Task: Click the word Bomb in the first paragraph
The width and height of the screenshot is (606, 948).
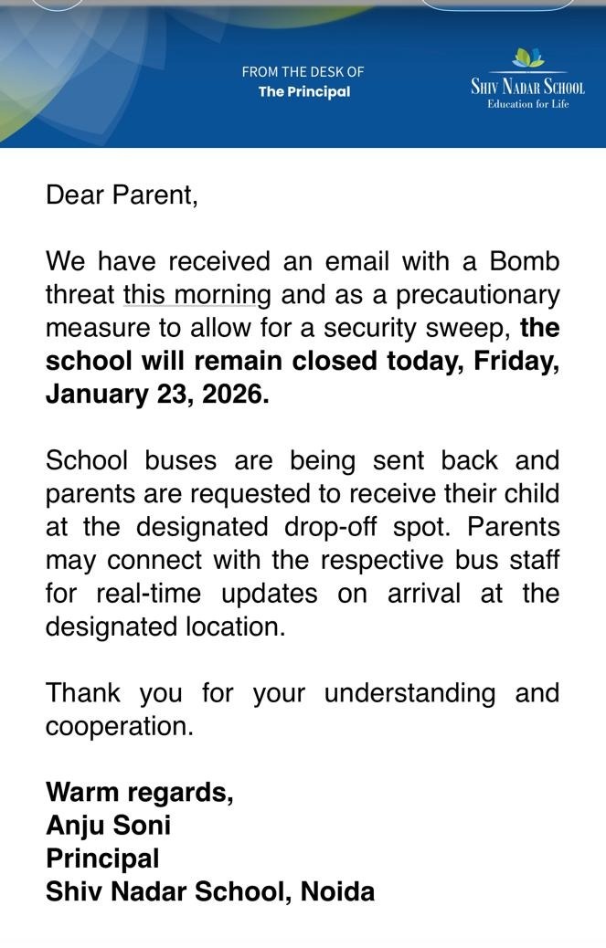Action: pyautogui.click(x=525, y=262)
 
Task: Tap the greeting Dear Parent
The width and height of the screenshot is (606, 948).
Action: pyautogui.click(x=122, y=195)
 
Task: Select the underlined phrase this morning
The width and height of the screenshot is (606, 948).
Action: pyautogui.click(x=197, y=295)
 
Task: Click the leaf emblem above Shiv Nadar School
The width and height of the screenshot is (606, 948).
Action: pyautogui.click(x=527, y=58)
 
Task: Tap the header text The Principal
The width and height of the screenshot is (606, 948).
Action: pyautogui.click(x=304, y=91)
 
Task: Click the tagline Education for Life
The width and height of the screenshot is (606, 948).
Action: pyautogui.click(x=527, y=104)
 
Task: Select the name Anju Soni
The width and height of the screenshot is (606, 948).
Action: pyautogui.click(x=108, y=826)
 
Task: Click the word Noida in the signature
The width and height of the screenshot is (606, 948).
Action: pyautogui.click(x=338, y=891)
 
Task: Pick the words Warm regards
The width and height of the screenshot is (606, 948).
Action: pyautogui.click(x=139, y=792)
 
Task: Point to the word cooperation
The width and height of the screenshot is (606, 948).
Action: pyautogui.click(x=119, y=726)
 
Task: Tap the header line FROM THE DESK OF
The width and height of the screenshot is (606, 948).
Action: pyautogui.click(x=303, y=71)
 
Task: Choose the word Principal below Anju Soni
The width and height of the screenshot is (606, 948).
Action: pyautogui.click(x=102, y=858)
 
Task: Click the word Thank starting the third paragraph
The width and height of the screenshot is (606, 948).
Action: pyautogui.click(x=83, y=693)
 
